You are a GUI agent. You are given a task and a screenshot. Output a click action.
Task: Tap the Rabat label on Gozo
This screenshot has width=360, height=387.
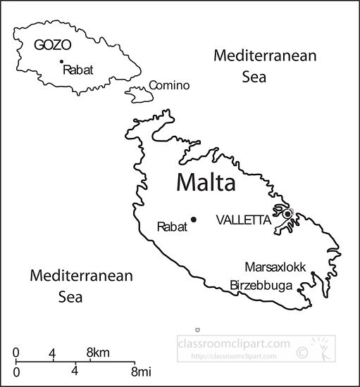(x=77, y=70)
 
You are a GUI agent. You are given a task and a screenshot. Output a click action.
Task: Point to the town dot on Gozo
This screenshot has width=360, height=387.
(x=61, y=62)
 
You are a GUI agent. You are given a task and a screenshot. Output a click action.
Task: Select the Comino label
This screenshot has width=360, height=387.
(x=169, y=86)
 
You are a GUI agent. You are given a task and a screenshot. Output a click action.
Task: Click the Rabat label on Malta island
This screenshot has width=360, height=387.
(x=172, y=227)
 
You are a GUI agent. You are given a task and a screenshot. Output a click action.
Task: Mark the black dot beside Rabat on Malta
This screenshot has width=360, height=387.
(x=193, y=219)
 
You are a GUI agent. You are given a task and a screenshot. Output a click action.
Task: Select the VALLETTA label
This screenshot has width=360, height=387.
(x=243, y=220)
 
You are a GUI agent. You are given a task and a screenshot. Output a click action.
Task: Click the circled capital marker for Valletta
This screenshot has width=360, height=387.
(x=287, y=213)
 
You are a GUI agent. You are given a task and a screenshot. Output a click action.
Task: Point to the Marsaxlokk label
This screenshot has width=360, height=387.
(x=275, y=267)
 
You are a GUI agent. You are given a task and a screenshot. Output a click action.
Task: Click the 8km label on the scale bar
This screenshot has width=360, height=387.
(x=98, y=351)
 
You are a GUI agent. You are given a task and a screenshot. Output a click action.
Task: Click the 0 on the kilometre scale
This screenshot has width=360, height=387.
(x=16, y=351)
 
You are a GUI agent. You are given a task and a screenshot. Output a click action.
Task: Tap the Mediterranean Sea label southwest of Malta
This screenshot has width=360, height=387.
(x=81, y=286)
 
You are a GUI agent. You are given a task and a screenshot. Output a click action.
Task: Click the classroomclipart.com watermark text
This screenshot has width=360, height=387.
(x=233, y=345)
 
